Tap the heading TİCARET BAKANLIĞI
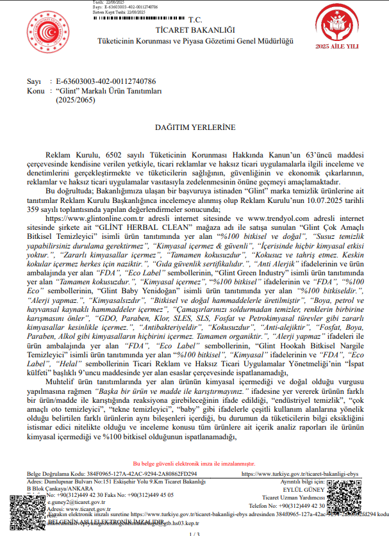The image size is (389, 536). pyautogui.click(x=195, y=29)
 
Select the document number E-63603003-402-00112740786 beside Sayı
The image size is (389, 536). pyautogui.click(x=106, y=82)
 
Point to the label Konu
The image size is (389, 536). pyautogui.click(x=35, y=91)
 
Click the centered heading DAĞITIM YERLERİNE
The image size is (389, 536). pyautogui.click(x=195, y=127)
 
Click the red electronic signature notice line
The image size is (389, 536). pyautogui.click(x=194, y=463)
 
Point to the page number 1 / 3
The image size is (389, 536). pyautogui.click(x=195, y=533)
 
